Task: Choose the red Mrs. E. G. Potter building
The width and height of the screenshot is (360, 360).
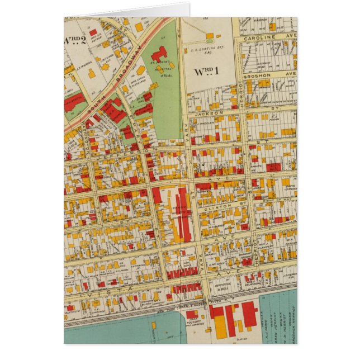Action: tap(93, 32)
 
